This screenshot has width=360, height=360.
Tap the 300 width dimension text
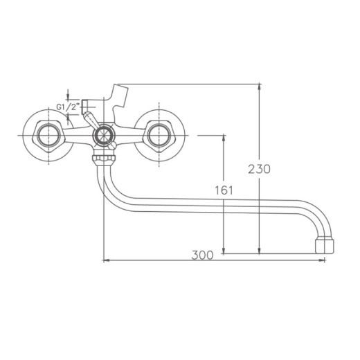click(x=201, y=255)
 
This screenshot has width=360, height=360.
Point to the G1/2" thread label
click(x=66, y=107)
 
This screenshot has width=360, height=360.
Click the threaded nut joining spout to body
click(x=102, y=160)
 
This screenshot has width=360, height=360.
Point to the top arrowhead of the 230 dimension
click(x=260, y=87)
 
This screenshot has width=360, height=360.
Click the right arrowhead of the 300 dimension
click(x=323, y=261)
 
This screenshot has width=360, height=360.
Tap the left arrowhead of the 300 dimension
click(x=105, y=261)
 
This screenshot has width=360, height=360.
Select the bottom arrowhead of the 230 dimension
click(x=260, y=251)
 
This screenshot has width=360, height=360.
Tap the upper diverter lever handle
click(x=91, y=123)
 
